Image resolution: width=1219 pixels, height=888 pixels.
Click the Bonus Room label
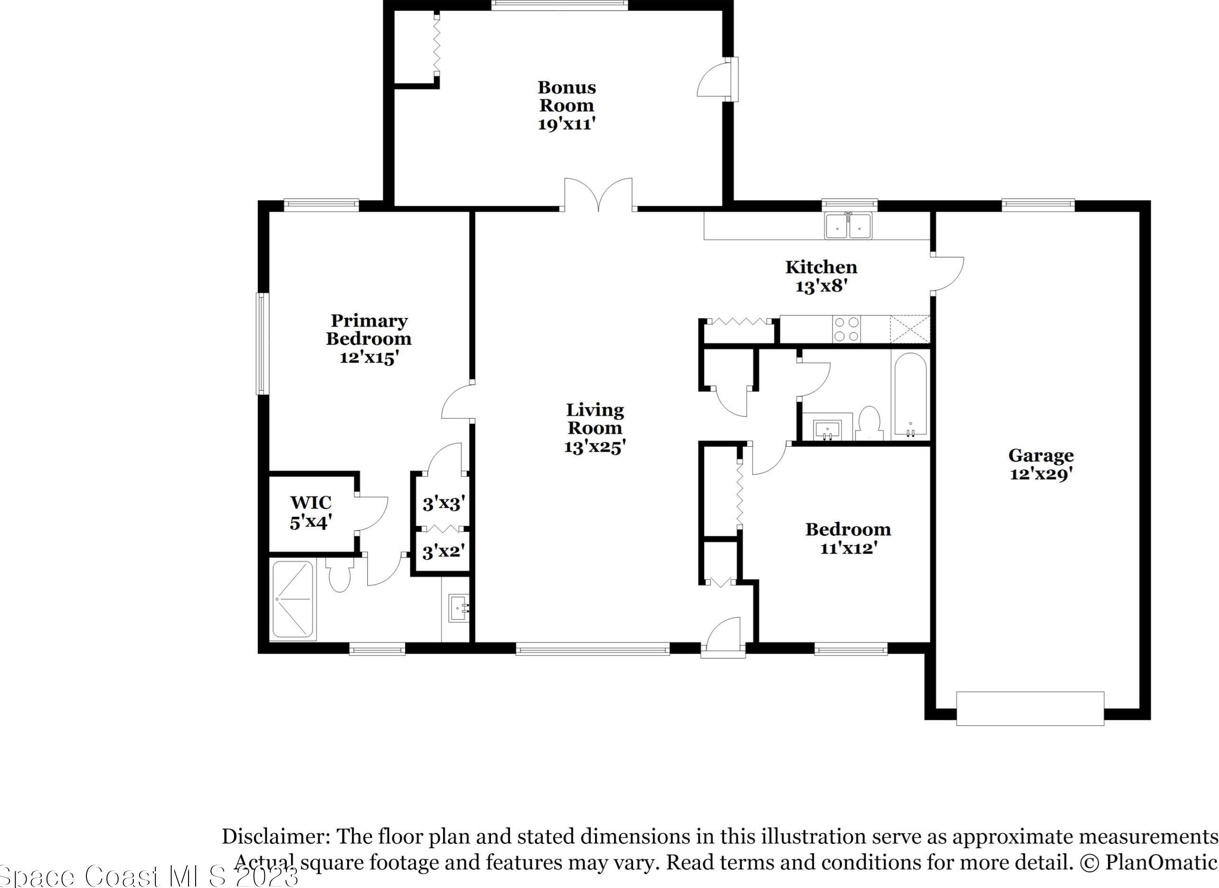point(567,96)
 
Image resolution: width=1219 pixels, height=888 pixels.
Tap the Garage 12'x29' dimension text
point(1041,475)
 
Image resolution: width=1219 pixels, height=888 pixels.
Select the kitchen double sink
point(849,226)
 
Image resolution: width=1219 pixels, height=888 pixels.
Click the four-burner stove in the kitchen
point(846,329)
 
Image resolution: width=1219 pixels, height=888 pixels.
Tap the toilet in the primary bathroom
point(340,575)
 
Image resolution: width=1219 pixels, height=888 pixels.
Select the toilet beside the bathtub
point(869,423)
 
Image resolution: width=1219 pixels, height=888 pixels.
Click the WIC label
point(311,503)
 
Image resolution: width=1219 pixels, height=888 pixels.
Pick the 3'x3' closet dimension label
point(443,504)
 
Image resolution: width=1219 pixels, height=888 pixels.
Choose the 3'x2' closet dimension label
point(443,551)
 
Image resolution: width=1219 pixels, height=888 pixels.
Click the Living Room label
point(595,419)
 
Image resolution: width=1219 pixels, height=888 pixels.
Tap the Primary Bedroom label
point(369,329)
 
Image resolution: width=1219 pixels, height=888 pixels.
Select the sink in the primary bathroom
point(458,608)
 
